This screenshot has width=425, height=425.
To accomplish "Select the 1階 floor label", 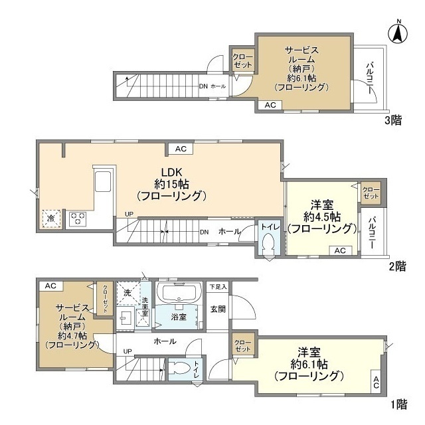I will pyautogui.click(x=396, y=403).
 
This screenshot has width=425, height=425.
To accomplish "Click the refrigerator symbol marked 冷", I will pyautogui.click(x=50, y=218).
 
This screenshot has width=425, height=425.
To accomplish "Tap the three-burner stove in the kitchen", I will pyautogui.click(x=76, y=218).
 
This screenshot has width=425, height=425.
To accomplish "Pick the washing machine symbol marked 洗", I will pyautogui.click(x=126, y=292).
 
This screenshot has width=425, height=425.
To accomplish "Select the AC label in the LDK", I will pyautogui.click(x=181, y=149).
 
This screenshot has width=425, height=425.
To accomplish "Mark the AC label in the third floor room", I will pyautogui.click(x=271, y=105).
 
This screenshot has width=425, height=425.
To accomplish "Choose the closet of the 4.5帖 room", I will pyautogui.click(x=371, y=193).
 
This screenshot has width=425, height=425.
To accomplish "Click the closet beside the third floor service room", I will pyautogui.click(x=242, y=61).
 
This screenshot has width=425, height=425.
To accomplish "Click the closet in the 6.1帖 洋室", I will pyautogui.click(x=242, y=346).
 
